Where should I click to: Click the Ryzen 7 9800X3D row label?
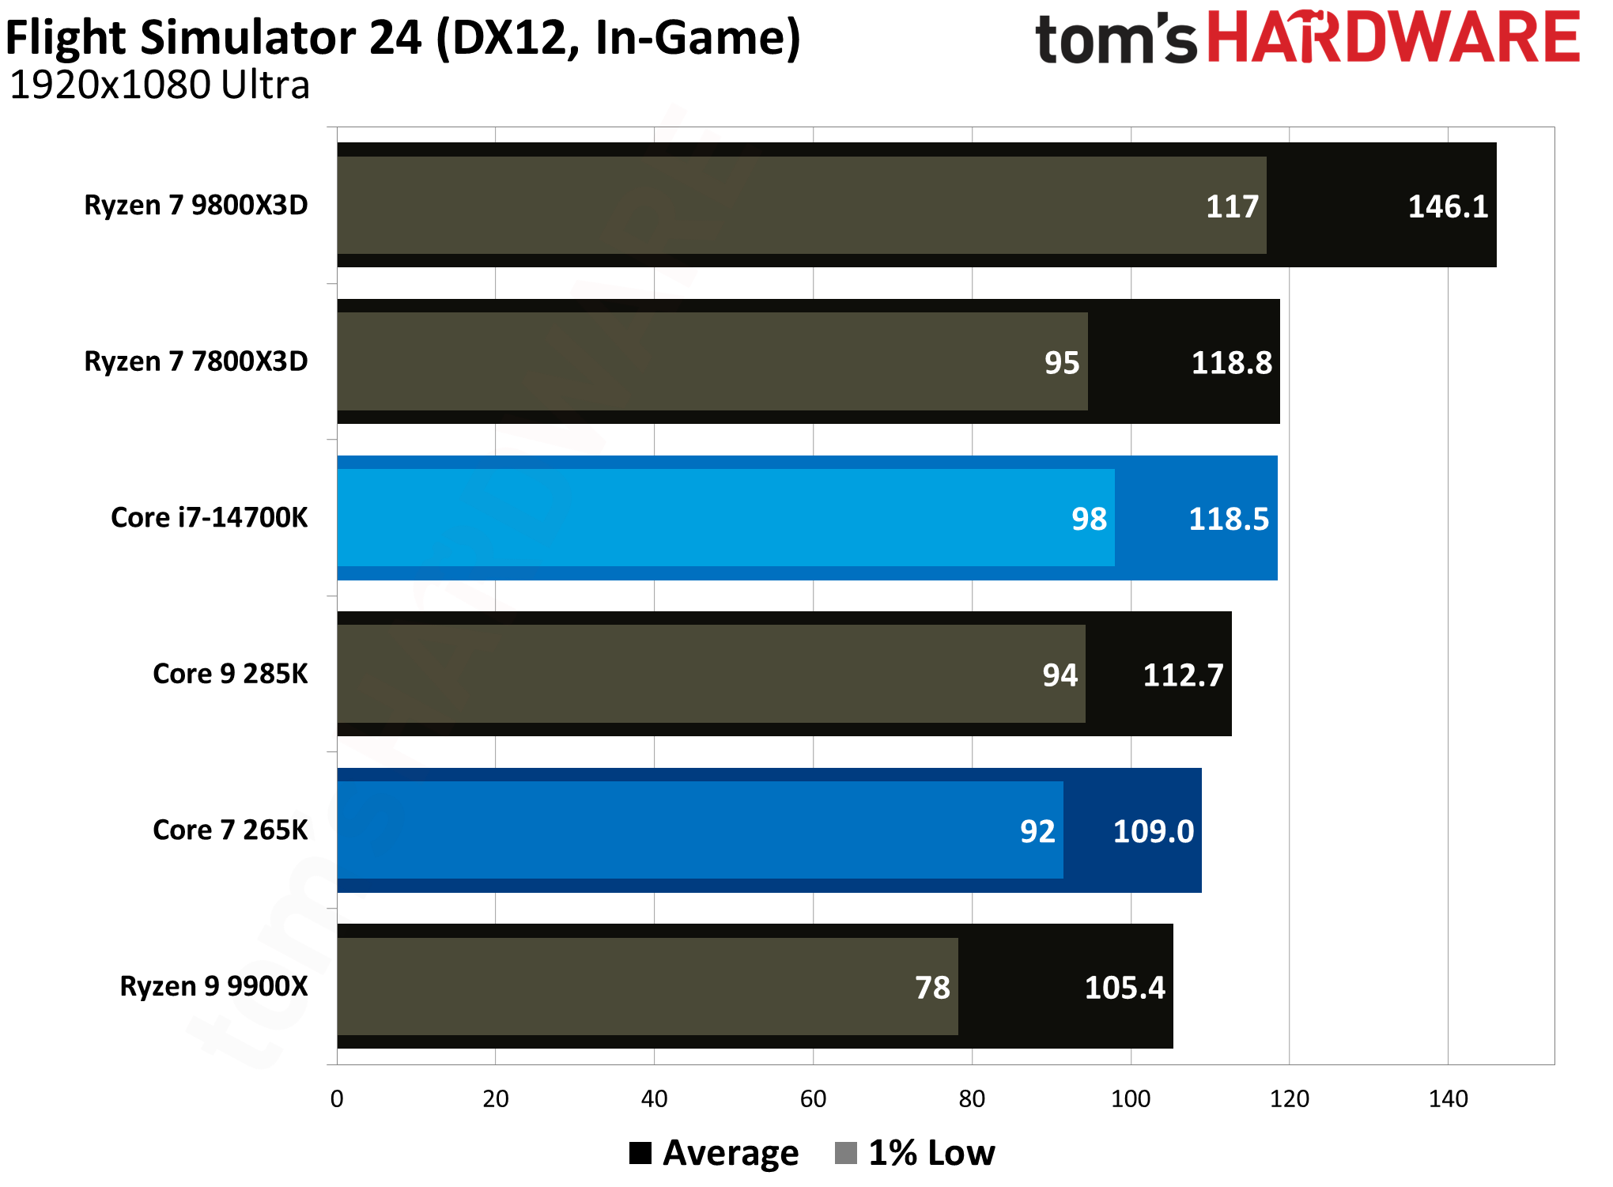tap(195, 206)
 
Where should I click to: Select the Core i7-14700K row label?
tap(209, 518)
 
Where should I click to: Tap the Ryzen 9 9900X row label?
tap(213, 987)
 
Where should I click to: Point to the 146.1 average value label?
tap(1448, 207)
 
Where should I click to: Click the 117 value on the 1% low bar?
tap(1231, 207)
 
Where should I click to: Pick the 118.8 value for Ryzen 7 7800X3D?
tap(1231, 363)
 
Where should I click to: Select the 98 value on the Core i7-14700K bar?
tap(1089, 520)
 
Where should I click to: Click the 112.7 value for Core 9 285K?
tap(1183, 675)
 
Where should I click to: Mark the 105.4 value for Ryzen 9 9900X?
tap(1124, 988)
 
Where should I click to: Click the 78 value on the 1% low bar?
tap(932, 988)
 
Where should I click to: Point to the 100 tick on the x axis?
tap(1131, 1099)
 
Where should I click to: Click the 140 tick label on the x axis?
tap(1448, 1099)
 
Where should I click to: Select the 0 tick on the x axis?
tap(337, 1099)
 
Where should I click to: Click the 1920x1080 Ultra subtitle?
tap(159, 85)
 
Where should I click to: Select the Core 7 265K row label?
tap(230, 830)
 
